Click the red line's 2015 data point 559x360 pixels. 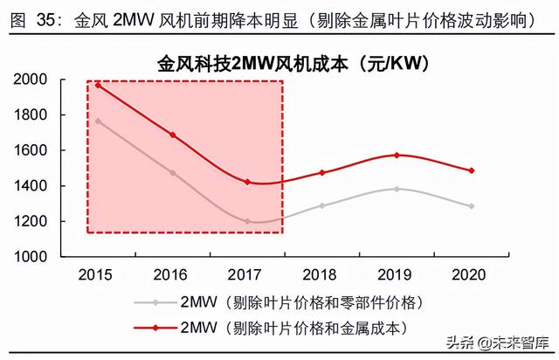tap(98, 86)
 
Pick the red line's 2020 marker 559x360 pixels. tap(472, 170)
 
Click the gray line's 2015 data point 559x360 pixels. tap(98, 121)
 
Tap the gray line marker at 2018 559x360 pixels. tap(322, 205)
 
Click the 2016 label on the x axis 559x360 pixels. tap(172, 274)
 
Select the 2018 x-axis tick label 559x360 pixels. tap(322, 274)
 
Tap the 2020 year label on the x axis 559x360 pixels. tap(472, 274)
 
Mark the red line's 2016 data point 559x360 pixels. tap(172, 135)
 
